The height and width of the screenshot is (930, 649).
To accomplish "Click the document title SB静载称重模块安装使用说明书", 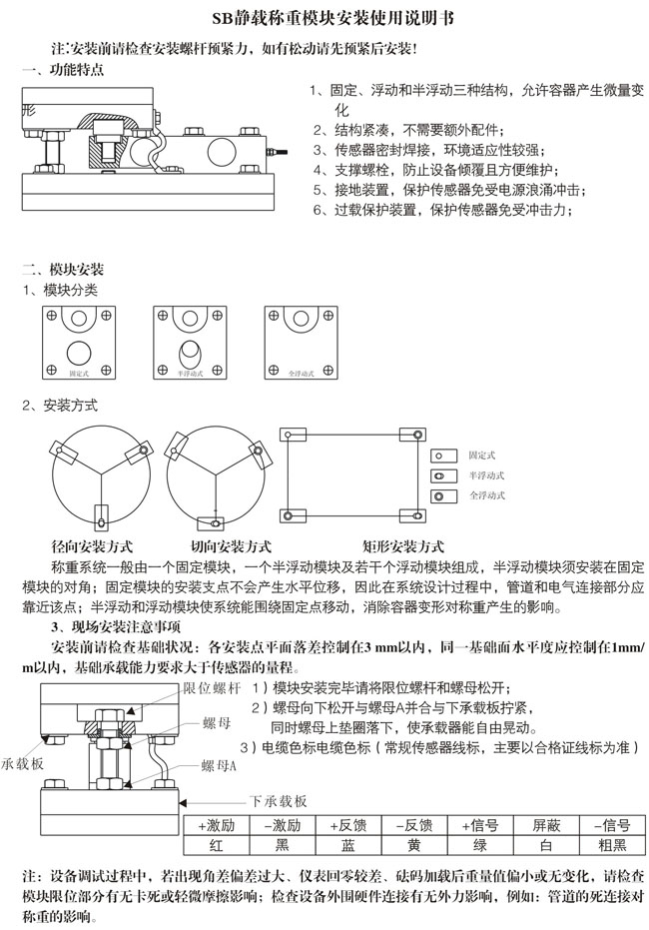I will point(325,18).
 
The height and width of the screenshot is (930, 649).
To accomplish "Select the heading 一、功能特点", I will point(62,70).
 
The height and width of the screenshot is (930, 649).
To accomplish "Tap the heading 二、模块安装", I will point(62,270).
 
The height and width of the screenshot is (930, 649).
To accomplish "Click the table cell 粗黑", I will point(607,845).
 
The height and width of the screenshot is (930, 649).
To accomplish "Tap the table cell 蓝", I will point(348,845).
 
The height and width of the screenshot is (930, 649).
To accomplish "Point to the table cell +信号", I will point(480,825).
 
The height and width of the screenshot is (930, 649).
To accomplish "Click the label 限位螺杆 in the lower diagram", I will point(212,689).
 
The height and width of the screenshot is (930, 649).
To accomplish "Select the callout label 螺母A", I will point(219,766).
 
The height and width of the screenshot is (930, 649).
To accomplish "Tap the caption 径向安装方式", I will point(92,546).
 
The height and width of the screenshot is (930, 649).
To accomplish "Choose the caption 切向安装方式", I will point(231,546).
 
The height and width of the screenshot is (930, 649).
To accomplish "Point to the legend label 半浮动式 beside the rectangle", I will point(487,474).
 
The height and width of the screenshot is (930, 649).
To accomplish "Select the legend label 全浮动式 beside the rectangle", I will point(487,495).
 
